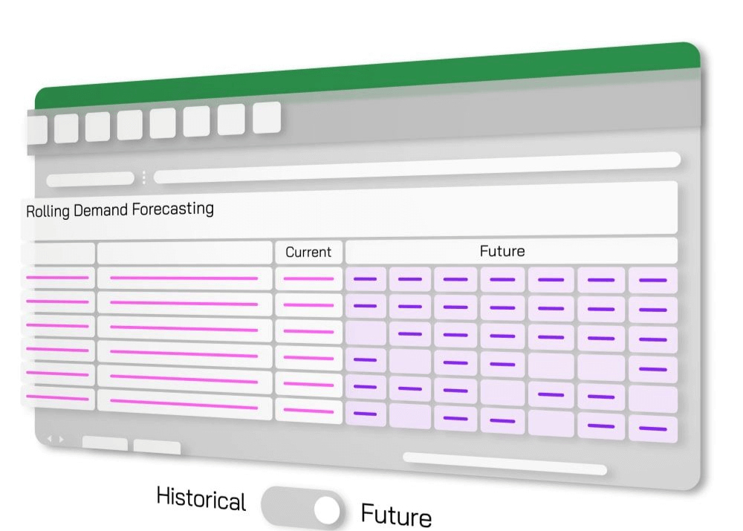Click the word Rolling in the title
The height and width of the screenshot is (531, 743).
pos(48,211)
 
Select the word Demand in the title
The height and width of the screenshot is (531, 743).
pos(100,210)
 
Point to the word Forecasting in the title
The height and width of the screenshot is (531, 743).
pos(172,209)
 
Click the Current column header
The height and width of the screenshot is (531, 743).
pos(308,252)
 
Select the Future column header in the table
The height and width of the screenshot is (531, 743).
pos(502,251)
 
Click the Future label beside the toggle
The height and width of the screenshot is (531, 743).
pos(396,514)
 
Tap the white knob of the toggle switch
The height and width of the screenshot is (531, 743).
pos(326,511)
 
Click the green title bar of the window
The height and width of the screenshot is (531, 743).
pos(371,74)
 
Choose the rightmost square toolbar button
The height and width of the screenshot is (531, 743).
pos(267,117)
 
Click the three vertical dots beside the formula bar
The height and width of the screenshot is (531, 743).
pos(143,178)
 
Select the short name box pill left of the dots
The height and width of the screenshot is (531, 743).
pos(90,179)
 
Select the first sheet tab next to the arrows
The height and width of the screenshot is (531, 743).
pos(105,444)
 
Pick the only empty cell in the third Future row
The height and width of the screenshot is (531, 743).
pos(366,333)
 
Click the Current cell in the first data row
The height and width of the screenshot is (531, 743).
pos(308,278)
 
